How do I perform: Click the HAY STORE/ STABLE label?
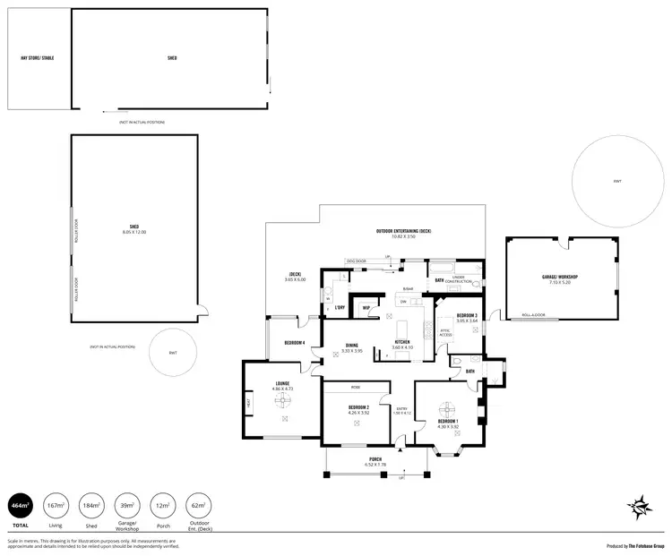pos(38,57)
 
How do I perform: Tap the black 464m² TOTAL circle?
pos(21,508)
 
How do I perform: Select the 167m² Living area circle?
pos(56,508)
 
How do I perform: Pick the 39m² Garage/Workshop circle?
pos(126,508)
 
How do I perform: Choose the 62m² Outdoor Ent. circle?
pos(198,508)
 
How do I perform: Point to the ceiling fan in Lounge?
pos(285,404)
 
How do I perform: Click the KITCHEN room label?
pos(402,342)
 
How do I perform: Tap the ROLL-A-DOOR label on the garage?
pos(534,315)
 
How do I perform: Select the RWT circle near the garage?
pos(617,182)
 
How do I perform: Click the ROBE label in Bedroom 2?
pos(355,388)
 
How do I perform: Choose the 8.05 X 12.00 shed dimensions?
pos(134,232)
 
